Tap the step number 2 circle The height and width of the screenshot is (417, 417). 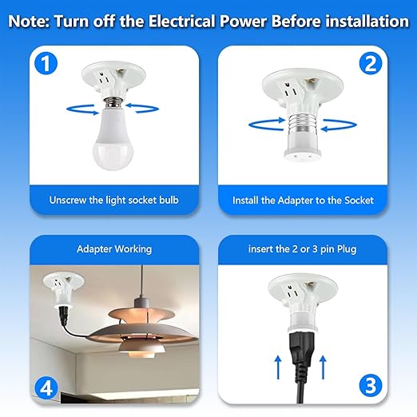[x=368, y=64]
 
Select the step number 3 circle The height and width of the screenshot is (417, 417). [x=368, y=386]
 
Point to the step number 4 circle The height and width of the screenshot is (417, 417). [x=49, y=388]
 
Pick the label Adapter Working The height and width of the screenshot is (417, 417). [x=113, y=249]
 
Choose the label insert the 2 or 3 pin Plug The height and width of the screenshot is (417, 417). [x=304, y=249]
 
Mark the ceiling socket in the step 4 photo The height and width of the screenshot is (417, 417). [x=59, y=288]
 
